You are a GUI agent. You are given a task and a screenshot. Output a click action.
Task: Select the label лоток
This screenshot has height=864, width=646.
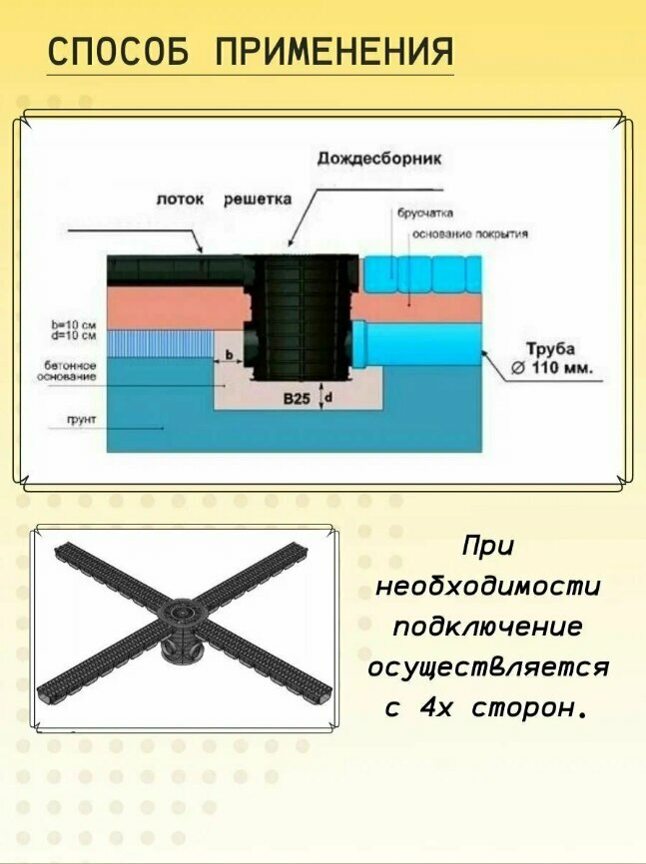[181, 200]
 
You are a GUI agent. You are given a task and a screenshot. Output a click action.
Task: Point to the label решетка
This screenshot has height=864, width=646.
[258, 200]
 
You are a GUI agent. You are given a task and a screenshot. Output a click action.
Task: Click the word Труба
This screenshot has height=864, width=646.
[550, 349]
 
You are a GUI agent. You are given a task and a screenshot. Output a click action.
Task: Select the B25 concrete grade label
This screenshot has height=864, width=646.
[297, 398]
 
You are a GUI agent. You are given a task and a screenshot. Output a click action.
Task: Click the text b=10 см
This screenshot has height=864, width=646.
[72, 325]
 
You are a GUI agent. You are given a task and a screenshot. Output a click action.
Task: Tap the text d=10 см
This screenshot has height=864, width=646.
[72, 336]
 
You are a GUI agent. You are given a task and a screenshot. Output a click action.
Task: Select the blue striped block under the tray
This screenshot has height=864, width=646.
[176, 344]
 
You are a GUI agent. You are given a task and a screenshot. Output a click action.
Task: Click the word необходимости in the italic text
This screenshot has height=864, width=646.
[488, 589]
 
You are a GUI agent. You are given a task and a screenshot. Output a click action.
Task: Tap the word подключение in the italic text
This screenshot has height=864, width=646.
[488, 629]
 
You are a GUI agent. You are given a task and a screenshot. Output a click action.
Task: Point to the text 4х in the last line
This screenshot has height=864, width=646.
[439, 708]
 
